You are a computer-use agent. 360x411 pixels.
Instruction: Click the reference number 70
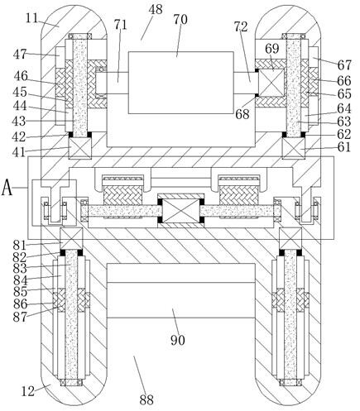(180, 20)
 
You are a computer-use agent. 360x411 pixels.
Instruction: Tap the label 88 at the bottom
(146, 399)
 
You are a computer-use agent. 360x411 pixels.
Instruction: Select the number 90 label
(177, 340)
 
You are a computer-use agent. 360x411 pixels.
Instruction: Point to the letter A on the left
(7, 188)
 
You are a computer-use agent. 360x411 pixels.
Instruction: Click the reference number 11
(32, 18)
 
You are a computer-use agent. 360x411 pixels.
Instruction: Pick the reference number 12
(28, 391)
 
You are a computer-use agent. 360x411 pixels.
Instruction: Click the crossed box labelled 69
(271, 83)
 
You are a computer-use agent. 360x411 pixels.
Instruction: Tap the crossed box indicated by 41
(79, 149)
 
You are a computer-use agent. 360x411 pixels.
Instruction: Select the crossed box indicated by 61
(294, 149)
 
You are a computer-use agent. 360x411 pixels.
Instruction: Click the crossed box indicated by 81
(71, 239)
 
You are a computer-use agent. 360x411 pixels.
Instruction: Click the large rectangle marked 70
(181, 83)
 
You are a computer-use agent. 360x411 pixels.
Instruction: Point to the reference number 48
(156, 10)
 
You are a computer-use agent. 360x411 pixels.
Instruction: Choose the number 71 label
(120, 25)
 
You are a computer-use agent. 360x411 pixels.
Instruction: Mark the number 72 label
(241, 26)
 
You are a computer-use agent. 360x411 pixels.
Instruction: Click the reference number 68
(242, 113)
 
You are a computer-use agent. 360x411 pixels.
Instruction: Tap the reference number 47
(20, 54)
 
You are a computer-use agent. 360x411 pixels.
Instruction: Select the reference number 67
(344, 65)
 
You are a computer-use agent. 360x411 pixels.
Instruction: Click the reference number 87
(20, 317)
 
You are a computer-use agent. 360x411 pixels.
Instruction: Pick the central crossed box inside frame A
(180, 211)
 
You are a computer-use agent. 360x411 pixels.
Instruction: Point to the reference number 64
(344, 108)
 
